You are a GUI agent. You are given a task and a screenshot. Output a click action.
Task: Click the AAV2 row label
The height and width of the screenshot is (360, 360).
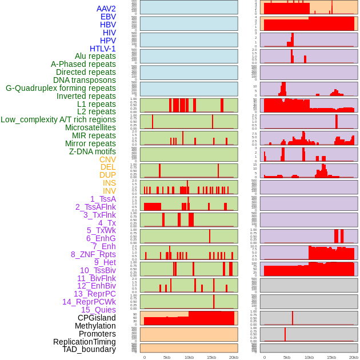pyautogui.click(x=106, y=9)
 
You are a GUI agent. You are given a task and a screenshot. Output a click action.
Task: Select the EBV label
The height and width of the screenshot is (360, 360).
pyautogui.click(x=108, y=17)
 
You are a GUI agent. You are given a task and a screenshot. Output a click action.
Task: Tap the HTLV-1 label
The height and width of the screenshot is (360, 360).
pyautogui.click(x=103, y=49)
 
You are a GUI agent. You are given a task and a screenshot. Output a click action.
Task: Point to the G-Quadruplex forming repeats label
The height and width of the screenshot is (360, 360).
pyautogui.click(x=61, y=88)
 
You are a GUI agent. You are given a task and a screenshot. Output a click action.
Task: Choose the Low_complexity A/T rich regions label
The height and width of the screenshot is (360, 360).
pyautogui.click(x=58, y=119)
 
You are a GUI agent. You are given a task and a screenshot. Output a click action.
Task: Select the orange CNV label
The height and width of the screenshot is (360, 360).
pyautogui.click(x=107, y=159)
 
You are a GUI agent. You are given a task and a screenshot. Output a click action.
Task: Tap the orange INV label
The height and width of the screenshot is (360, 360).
pyautogui.click(x=109, y=191)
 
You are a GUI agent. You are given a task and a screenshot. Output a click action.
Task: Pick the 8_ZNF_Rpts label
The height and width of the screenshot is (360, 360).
pyautogui.click(x=93, y=254)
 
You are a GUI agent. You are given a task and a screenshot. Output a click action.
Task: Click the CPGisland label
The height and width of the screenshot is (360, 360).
pyautogui.click(x=97, y=318)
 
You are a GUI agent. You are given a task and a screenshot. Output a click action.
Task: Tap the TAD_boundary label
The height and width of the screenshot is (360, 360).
pyautogui.click(x=89, y=349)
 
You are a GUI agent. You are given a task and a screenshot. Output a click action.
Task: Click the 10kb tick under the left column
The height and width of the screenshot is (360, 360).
pyautogui.click(x=189, y=357)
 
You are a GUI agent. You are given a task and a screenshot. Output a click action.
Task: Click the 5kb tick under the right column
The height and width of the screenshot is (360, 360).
pyautogui.click(x=287, y=357)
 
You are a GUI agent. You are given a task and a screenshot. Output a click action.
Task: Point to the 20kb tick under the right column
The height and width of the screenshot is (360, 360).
pyautogui.click(x=354, y=357)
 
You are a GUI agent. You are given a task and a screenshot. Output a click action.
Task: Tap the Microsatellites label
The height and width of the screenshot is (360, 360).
pyautogui.click(x=90, y=127)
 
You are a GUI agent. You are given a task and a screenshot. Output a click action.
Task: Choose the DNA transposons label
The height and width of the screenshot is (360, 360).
pyautogui.click(x=85, y=80)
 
